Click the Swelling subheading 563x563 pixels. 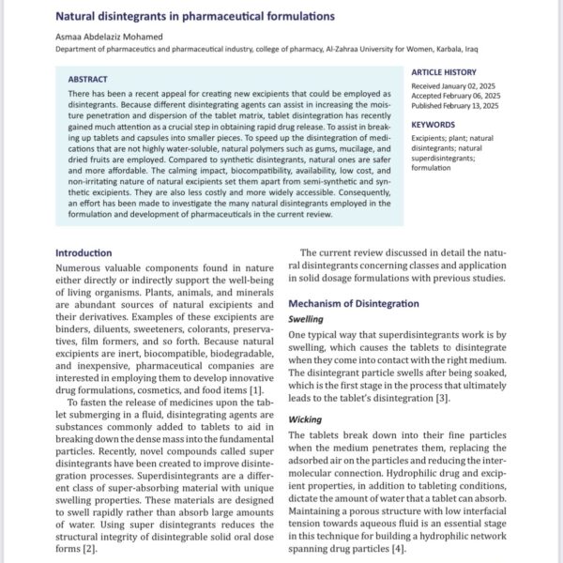pos(307,319)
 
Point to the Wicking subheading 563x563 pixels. pos(306,419)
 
